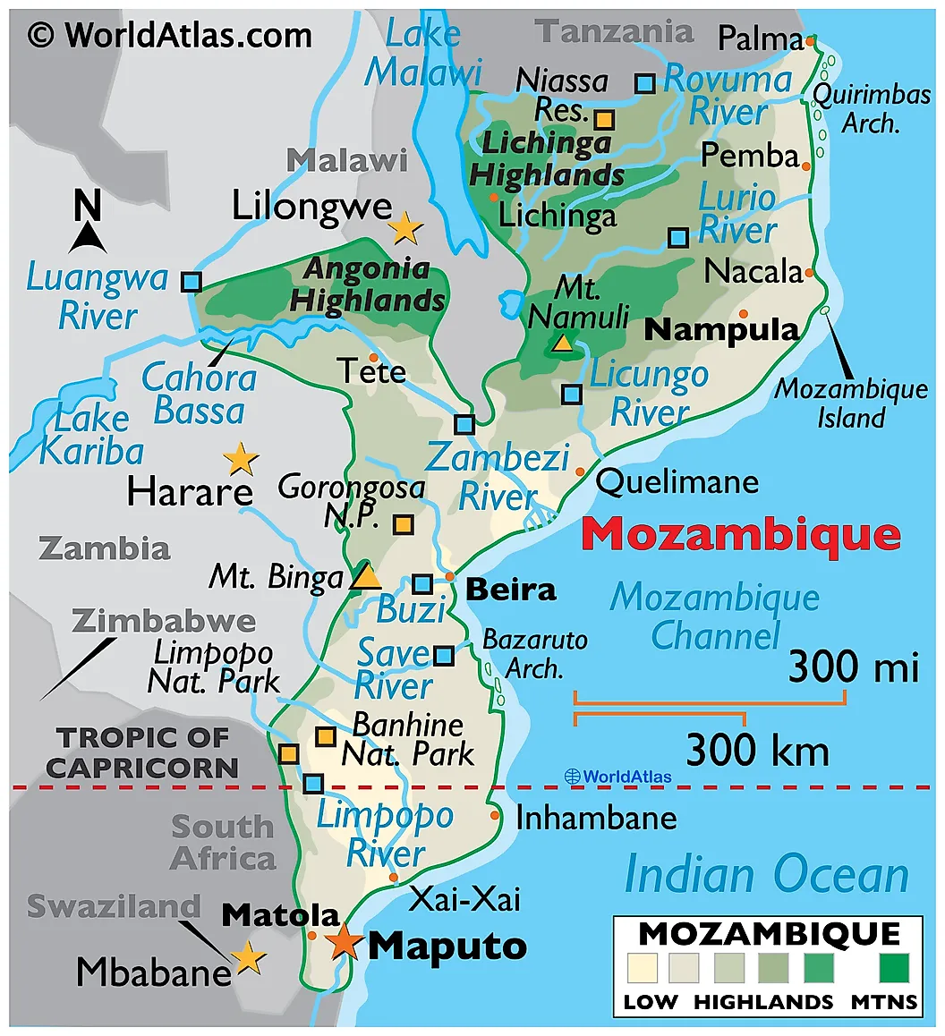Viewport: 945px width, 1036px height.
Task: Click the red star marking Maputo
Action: (x=344, y=942)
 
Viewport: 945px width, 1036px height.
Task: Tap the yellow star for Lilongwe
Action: (x=405, y=228)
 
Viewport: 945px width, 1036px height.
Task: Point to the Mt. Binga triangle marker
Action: (x=364, y=575)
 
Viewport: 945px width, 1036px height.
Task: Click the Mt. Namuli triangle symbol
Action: (x=563, y=342)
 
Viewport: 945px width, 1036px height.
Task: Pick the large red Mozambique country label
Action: (x=740, y=534)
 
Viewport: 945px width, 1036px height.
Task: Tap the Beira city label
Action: (x=511, y=590)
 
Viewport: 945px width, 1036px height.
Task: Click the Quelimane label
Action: (x=677, y=483)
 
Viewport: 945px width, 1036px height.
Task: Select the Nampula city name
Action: (x=721, y=329)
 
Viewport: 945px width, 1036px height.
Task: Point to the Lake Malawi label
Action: (x=423, y=54)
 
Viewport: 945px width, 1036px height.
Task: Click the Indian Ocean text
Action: (x=766, y=874)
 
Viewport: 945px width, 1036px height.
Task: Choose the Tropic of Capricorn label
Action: (x=143, y=752)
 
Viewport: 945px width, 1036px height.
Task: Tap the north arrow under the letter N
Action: (x=89, y=238)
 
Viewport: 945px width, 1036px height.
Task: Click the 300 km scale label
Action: (x=757, y=750)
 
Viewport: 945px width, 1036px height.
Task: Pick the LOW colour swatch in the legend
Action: (x=643, y=968)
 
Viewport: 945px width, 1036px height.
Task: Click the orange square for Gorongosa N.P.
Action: (x=404, y=525)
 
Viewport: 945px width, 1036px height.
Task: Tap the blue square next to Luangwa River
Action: (x=191, y=282)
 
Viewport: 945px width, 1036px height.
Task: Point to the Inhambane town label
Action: (x=596, y=818)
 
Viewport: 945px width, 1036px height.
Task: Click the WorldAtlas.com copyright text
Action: (x=170, y=35)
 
